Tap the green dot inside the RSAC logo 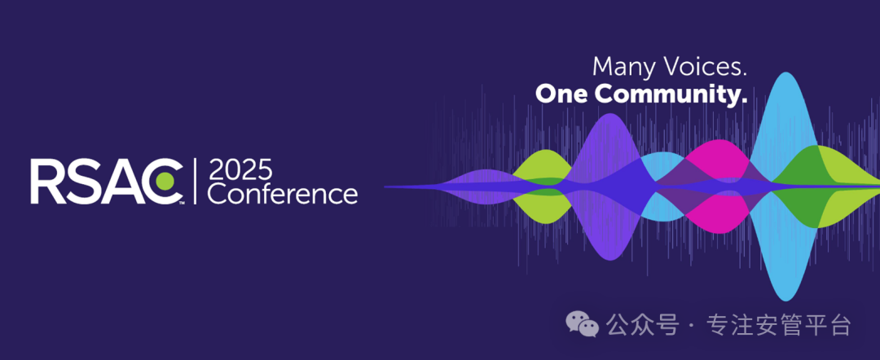coord(166,181)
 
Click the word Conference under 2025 coord(283,195)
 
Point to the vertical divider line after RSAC coord(195,181)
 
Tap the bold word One coord(561,94)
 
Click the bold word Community coord(671,94)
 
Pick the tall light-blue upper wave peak coord(784,123)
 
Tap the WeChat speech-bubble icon coord(582,324)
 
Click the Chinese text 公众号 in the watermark coord(642,325)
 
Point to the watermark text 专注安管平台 coord(779,325)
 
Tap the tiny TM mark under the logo coord(181,204)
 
